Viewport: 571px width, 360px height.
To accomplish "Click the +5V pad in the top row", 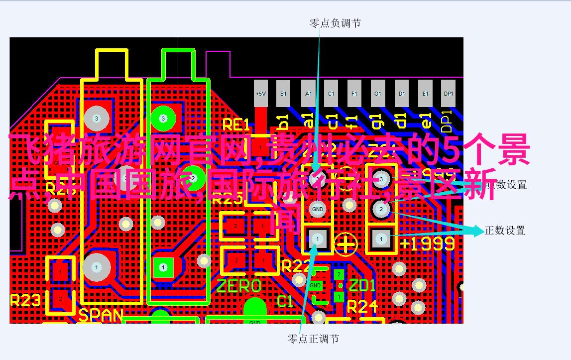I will click(x=261, y=93).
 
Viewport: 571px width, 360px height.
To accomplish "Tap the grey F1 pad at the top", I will click(x=354, y=93).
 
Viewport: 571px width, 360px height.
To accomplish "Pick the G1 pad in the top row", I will click(x=378, y=93).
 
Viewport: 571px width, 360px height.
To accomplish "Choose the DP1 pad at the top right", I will click(x=449, y=93).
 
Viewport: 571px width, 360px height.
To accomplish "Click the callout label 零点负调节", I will click(x=335, y=23).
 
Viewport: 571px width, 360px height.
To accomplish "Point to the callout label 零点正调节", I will click(x=314, y=339).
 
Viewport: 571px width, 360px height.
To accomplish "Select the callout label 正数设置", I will click(x=505, y=231).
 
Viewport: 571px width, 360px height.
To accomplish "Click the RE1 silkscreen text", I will click(x=235, y=124).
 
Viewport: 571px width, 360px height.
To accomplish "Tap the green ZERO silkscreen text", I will click(x=238, y=286).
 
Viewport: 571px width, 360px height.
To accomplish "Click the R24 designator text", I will click(x=362, y=306).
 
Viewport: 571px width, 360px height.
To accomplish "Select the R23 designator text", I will click(x=25, y=300).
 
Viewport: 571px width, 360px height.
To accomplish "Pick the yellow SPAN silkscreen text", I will click(x=101, y=315).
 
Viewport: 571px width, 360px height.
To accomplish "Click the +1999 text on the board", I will click(x=427, y=243).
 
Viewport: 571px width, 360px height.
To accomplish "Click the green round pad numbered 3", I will click(x=163, y=118).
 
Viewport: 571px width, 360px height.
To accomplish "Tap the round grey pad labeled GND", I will click(x=317, y=209).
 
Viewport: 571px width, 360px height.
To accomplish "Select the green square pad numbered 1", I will click(x=163, y=267).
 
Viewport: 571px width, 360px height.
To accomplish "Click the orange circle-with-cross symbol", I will click(x=345, y=243).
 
